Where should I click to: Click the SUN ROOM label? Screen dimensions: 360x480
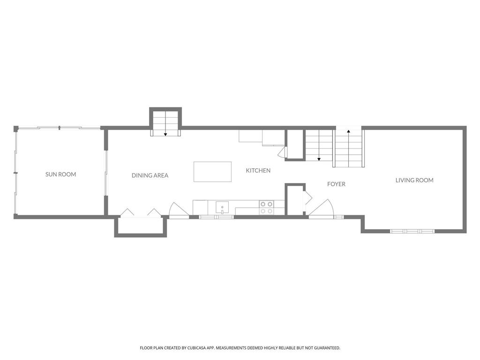tap(60, 174)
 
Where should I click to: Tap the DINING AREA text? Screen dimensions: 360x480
tap(150, 175)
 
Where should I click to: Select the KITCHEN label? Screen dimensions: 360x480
tap(258, 171)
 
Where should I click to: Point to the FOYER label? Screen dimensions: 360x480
tap(336, 184)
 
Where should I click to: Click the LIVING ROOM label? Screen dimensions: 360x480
tap(414, 180)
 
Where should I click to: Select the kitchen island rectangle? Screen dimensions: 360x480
tap(212, 172)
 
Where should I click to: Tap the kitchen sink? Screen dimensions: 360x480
tap(222, 207)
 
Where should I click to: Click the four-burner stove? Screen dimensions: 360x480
tap(267, 207)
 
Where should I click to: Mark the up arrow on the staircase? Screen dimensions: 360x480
tap(348, 132)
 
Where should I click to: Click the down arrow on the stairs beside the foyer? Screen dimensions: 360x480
tap(319, 158)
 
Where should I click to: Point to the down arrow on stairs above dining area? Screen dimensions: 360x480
tap(165, 134)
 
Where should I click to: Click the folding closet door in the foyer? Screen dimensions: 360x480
tap(307, 198)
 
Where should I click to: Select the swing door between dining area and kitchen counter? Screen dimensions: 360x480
tap(178, 210)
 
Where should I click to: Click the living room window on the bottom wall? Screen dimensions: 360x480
tap(412, 231)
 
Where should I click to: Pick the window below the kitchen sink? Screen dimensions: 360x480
tap(216, 217)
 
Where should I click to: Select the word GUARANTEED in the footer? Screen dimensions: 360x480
tap(327, 348)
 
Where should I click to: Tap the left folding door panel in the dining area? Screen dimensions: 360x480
tap(127, 212)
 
